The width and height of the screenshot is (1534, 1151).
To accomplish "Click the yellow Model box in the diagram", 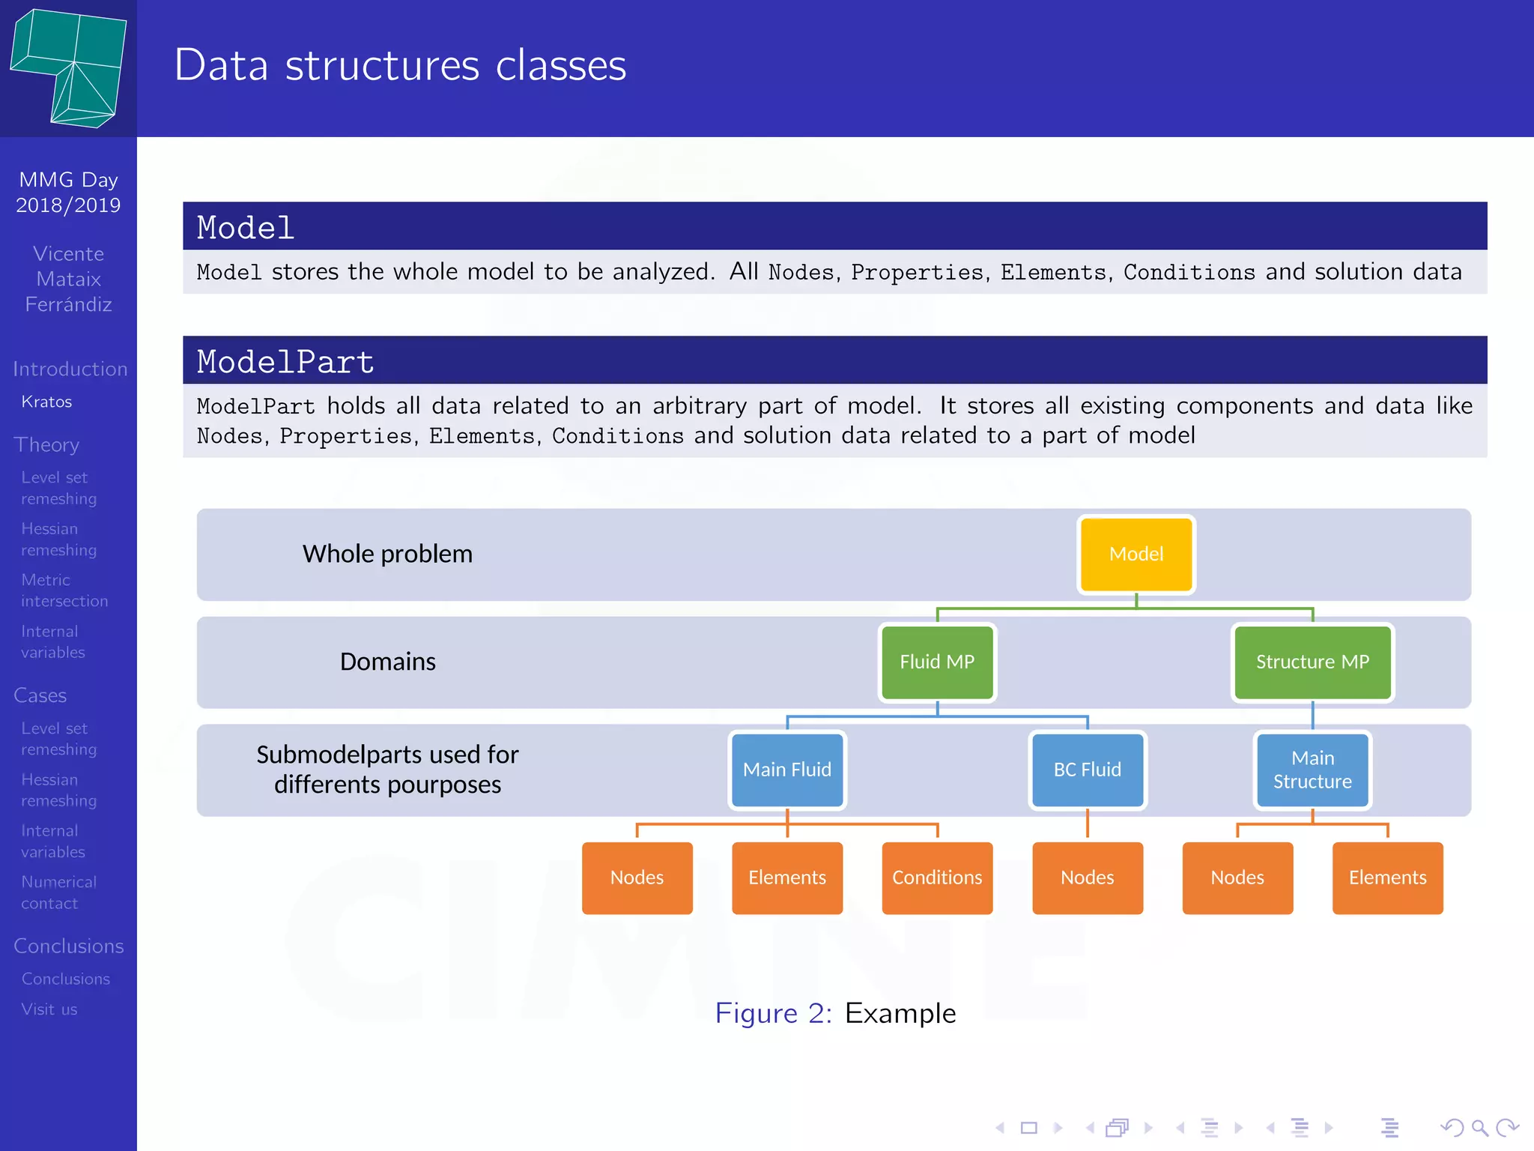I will point(1136,554).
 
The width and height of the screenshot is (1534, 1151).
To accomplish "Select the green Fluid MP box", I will point(937,662).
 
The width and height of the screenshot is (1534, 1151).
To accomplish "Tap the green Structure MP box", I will point(1312,662).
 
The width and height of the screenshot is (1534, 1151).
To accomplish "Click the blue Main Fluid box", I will point(786,770).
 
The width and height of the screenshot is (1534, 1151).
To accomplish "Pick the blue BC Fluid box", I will point(1087,770).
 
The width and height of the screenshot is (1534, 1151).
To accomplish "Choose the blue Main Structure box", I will point(1312,770).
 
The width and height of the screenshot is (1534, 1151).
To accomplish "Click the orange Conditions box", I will point(937,877).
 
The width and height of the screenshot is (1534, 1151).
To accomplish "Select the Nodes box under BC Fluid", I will point(1087,877).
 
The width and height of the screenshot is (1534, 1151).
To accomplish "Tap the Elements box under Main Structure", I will point(1387,877).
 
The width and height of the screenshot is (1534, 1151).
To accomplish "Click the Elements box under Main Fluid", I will point(786,877).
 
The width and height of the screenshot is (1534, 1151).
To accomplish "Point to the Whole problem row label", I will point(387,554).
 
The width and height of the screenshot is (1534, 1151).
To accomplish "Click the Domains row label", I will point(387,662).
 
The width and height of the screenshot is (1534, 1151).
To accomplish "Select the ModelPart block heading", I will point(285,362).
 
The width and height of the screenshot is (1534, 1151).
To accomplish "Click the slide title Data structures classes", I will point(400,65).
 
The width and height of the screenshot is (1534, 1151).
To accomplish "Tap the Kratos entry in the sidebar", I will point(46,402).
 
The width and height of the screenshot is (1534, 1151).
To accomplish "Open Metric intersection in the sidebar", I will point(64,590).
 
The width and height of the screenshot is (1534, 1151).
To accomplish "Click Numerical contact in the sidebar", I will point(58,892).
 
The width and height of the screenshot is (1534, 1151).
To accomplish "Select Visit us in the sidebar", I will point(49,1009).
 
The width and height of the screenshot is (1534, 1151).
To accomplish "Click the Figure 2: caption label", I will point(773,1013).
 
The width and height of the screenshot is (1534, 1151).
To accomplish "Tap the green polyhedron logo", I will point(69,67).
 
